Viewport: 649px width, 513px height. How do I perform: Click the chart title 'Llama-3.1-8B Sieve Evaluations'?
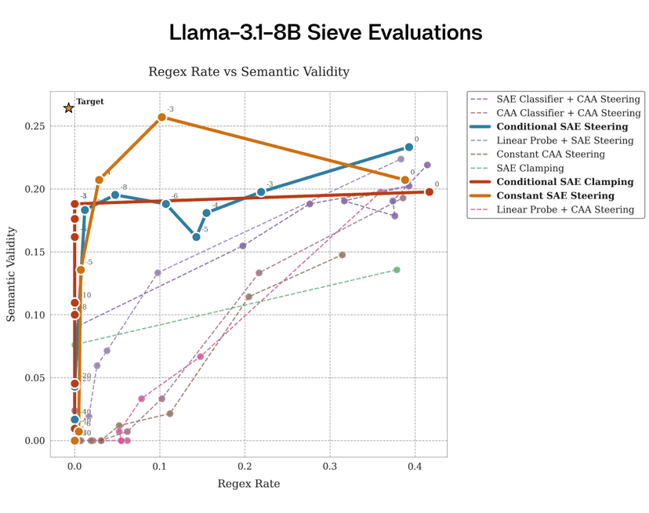(325, 32)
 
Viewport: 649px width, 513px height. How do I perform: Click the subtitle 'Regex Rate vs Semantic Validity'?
(248, 72)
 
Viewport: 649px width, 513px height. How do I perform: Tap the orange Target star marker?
(68, 108)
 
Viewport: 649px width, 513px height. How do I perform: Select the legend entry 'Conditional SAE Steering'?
(562, 127)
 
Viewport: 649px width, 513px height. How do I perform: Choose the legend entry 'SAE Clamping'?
(530, 169)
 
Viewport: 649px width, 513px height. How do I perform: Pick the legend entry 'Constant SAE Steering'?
(555, 196)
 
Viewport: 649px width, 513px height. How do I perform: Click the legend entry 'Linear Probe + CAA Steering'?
(565, 209)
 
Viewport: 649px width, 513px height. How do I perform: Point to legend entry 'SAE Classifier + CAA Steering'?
(568, 100)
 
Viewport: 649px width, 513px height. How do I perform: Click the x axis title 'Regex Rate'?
(248, 484)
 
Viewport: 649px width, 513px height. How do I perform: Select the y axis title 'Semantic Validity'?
(12, 274)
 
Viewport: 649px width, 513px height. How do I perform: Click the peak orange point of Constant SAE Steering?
(161, 117)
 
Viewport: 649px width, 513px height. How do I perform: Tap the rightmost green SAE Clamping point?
(397, 270)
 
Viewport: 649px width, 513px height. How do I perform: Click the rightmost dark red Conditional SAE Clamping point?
(430, 191)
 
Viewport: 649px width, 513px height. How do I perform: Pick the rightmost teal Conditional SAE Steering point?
(409, 147)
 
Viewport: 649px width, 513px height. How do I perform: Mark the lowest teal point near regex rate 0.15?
(196, 237)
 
